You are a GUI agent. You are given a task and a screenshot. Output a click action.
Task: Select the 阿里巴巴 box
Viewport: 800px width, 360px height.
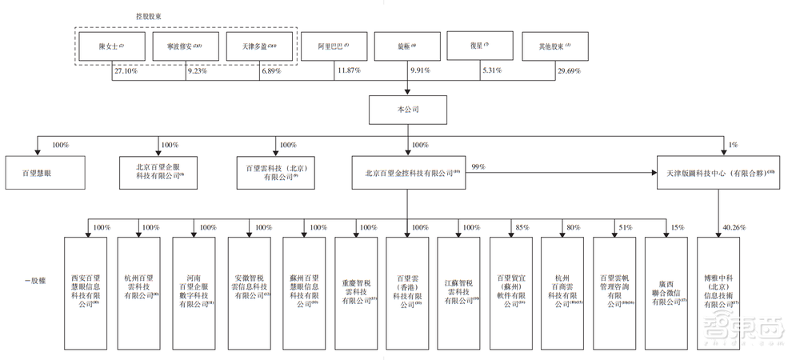(334, 47)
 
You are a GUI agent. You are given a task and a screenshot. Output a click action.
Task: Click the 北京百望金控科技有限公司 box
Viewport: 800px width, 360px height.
(406, 172)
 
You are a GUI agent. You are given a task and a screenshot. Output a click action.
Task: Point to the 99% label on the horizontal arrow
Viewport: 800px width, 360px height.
(479, 166)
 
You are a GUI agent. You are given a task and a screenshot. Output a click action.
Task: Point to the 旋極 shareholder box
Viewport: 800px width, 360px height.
(406, 47)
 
